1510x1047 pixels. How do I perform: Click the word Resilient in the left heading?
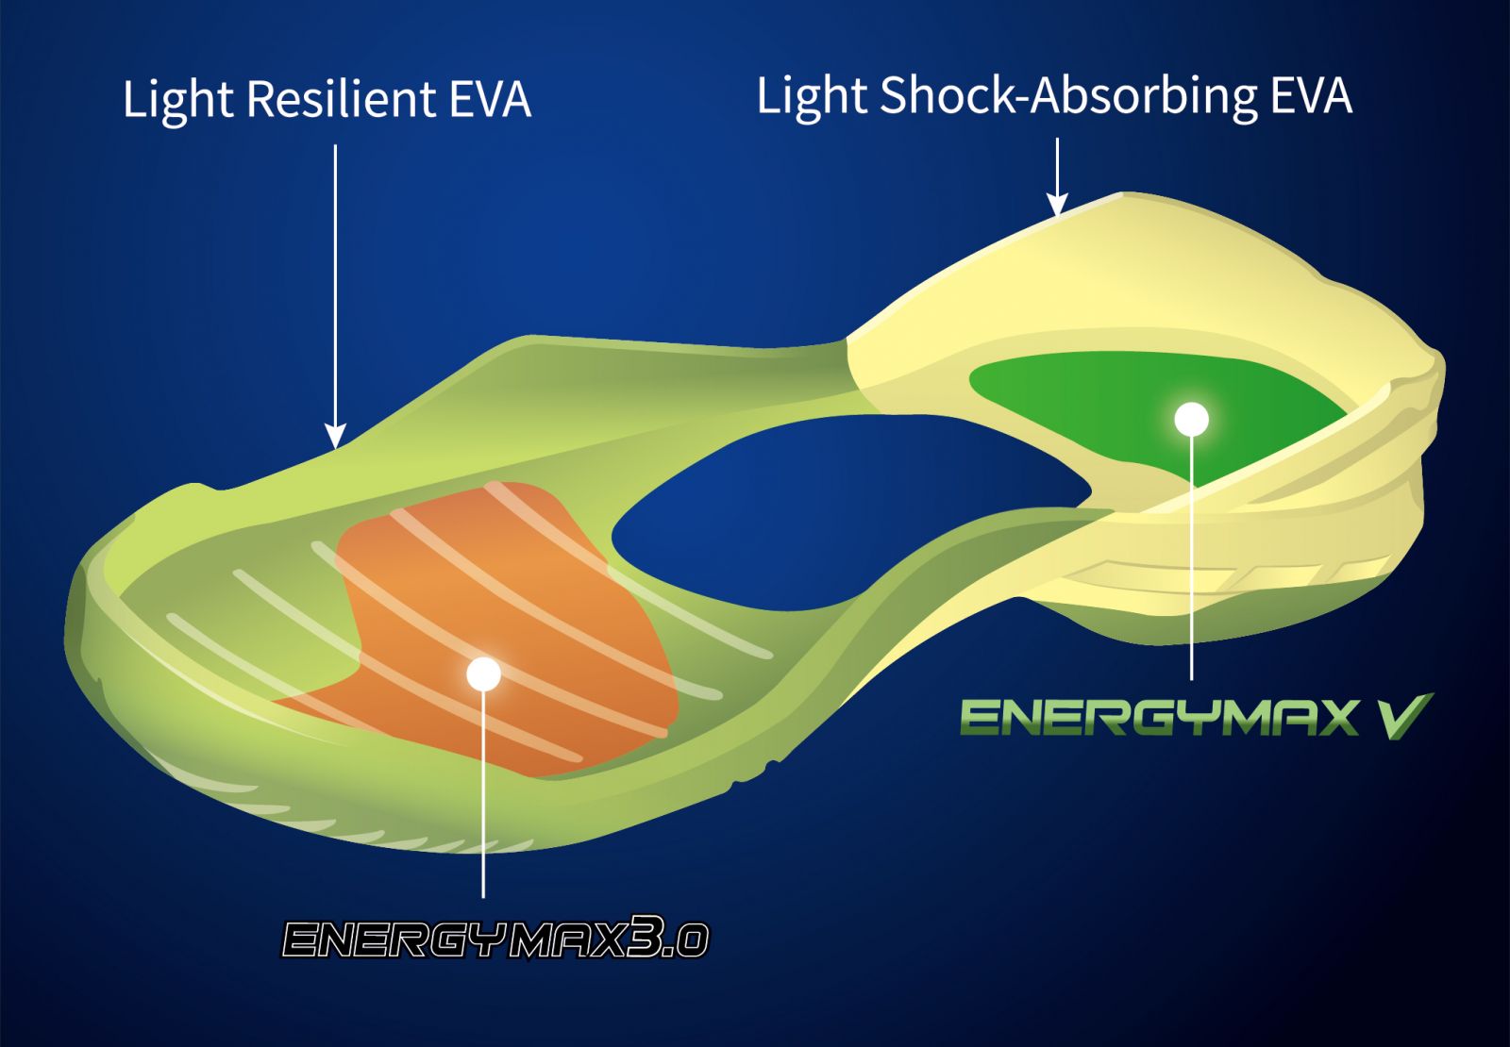pos(341,99)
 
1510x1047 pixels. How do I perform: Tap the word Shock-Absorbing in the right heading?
pos(1068,95)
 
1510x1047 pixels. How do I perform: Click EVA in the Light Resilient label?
pos(490,100)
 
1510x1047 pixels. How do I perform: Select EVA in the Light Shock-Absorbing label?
pos(1311,95)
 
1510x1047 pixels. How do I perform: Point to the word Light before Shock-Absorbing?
pos(812,98)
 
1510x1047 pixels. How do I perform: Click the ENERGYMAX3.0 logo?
pos(495,939)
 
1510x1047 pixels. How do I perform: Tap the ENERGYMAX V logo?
pos(1195,717)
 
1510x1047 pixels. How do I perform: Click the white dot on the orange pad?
pos(483,673)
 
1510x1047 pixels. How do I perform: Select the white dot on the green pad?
pos(1191,419)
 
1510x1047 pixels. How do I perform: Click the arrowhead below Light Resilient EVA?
pos(335,437)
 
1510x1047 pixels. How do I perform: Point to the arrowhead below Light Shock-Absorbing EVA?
pos(1057,205)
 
